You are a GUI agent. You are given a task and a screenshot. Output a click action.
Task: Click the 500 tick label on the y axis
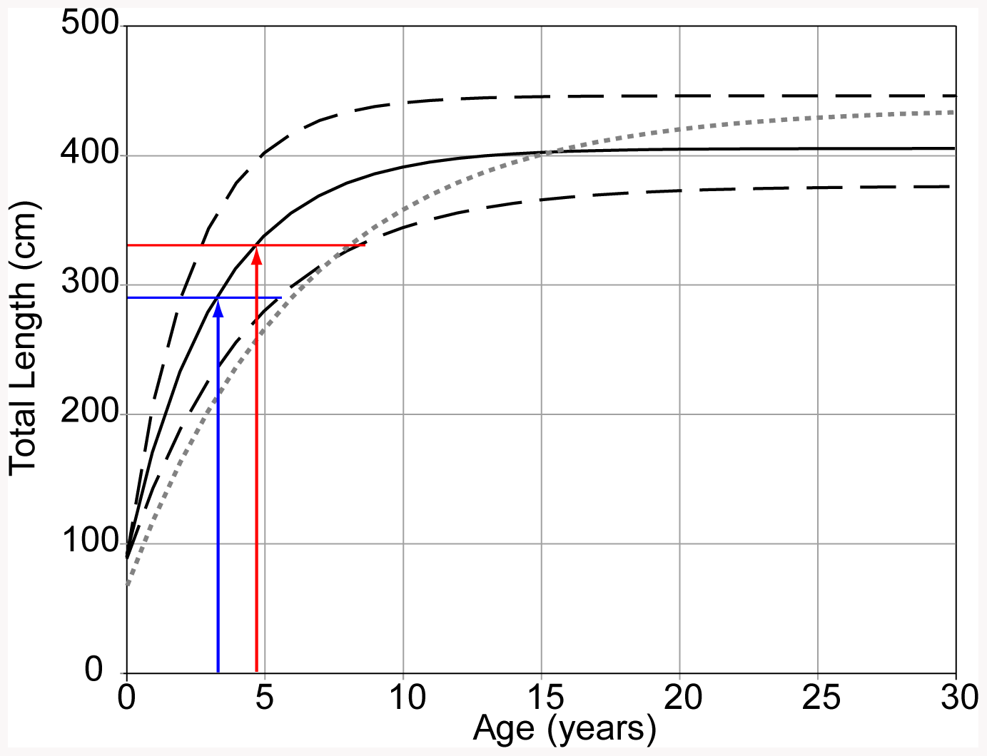(x=91, y=24)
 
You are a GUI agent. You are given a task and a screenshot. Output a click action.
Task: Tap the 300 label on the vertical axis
(x=91, y=284)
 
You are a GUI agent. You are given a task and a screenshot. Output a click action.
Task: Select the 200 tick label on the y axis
(x=91, y=414)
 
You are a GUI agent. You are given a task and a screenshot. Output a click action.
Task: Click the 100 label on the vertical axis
(x=91, y=543)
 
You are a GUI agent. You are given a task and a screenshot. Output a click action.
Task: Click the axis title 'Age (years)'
(x=564, y=729)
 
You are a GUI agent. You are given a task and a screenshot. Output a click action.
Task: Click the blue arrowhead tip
(x=218, y=300)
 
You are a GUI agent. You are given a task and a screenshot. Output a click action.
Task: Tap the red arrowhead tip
(x=257, y=247)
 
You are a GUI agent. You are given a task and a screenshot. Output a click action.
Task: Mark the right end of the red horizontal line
(x=365, y=245)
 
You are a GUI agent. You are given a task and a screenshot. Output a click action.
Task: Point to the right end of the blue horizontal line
(x=281, y=297)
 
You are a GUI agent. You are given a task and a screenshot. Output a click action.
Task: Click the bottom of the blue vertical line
(x=218, y=671)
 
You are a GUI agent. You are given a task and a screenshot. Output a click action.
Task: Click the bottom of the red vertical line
(x=257, y=671)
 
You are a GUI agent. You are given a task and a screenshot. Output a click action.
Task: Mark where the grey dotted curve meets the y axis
(x=127, y=584)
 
